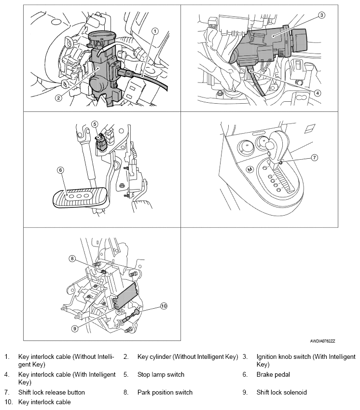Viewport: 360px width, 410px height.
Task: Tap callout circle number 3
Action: click(321, 16)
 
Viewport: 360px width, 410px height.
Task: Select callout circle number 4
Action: click(318, 93)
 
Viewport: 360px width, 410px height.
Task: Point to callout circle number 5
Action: click(95, 124)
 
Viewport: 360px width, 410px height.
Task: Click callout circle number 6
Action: click(60, 170)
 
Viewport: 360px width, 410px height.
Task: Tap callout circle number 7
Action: click(314, 157)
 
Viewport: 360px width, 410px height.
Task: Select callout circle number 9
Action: click(75, 328)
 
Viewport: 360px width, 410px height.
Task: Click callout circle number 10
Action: click(163, 306)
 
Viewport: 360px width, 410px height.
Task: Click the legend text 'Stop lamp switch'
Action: click(161, 374)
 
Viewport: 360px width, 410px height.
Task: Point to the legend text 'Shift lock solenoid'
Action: click(282, 393)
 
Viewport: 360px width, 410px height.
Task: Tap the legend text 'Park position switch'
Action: click(165, 393)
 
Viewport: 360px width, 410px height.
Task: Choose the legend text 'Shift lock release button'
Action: click(52, 393)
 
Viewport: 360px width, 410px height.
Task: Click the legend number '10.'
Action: click(9, 402)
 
